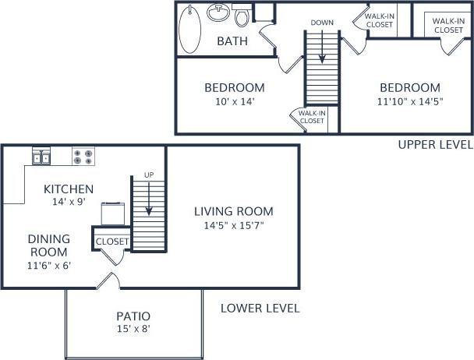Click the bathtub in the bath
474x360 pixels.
click(189, 29)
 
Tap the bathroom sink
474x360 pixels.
click(218, 14)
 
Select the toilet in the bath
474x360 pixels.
click(242, 16)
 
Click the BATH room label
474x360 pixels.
click(232, 41)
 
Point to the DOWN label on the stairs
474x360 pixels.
click(322, 23)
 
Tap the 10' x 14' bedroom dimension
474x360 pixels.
click(234, 101)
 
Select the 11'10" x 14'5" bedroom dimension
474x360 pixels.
click(410, 101)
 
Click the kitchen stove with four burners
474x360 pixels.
click(83, 157)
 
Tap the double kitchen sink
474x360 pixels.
click(41, 157)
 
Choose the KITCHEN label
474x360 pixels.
click(69, 189)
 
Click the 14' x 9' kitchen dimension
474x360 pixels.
click(69, 202)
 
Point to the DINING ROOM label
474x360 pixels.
click(49, 245)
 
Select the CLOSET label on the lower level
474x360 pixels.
click(111, 242)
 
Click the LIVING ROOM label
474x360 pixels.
click(234, 211)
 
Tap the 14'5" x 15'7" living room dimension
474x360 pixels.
click(234, 226)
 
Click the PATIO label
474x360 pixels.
click(133, 316)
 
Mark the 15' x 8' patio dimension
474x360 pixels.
click(133, 329)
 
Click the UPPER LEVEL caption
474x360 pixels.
click(435, 144)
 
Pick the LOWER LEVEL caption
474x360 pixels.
click(260, 308)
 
